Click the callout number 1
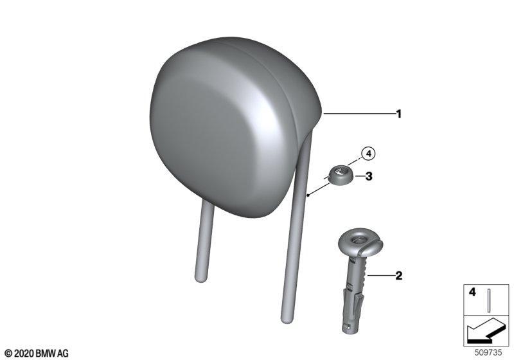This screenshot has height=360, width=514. coord(398,114)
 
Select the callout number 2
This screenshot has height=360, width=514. coord(398,276)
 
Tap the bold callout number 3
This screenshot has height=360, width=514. coord(369,176)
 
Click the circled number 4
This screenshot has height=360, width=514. coord(368,154)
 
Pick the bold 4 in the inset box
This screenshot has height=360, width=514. coord(472,292)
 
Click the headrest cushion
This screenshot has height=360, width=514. coord(235,126)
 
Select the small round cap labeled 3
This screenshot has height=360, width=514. coord(341,175)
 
